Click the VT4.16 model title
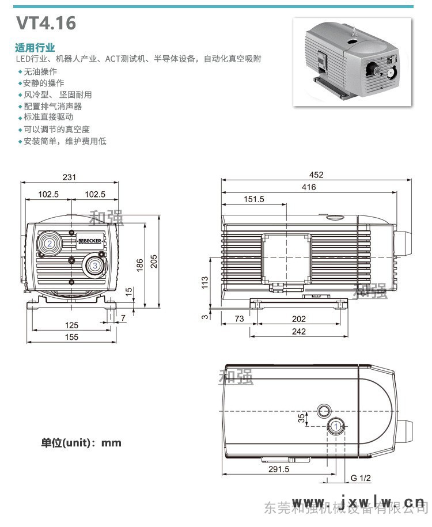46,23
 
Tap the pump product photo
353,62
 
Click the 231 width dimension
69,177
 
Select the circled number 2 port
50,244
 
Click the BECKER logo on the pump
90,240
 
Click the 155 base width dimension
71,337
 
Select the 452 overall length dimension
316,175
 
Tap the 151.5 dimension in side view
253,199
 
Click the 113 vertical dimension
204,283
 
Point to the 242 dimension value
298,331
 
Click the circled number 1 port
335,426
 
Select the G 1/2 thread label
361,478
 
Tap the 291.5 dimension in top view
279,469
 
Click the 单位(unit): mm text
81,443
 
